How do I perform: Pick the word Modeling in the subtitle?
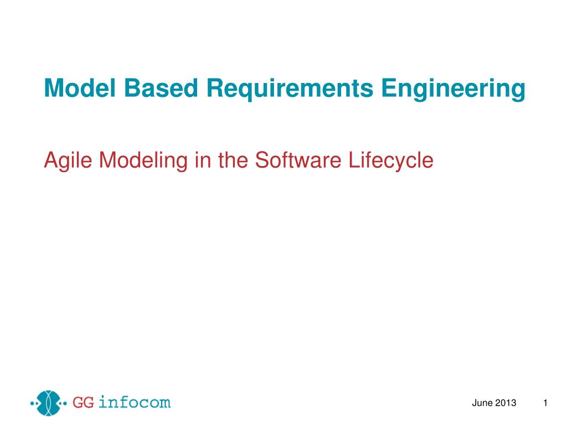click(x=142, y=160)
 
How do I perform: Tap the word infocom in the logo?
click(x=135, y=402)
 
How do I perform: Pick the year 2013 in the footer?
click(x=506, y=403)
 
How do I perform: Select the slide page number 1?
click(x=545, y=403)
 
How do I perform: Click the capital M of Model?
click(x=52, y=89)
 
